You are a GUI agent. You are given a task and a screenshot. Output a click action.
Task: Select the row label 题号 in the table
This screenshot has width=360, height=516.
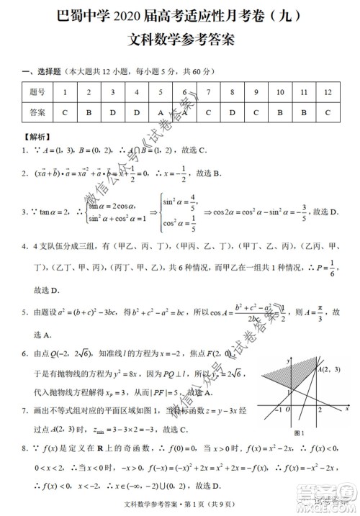[37, 93]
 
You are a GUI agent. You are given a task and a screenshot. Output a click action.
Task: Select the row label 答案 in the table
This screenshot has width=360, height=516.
[37, 112]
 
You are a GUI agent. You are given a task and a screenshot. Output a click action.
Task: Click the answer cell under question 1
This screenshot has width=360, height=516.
[65, 112]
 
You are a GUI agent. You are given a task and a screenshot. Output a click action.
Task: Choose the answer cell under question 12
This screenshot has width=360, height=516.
[328, 112]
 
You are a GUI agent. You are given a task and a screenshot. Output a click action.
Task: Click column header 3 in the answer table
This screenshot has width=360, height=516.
[112, 93]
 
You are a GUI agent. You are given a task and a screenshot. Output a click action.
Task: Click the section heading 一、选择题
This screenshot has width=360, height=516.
[45, 71]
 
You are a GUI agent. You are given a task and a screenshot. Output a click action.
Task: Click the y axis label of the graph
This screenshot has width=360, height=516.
[288, 358]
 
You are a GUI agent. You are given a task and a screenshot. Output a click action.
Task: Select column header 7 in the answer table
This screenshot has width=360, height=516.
[208, 93]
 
